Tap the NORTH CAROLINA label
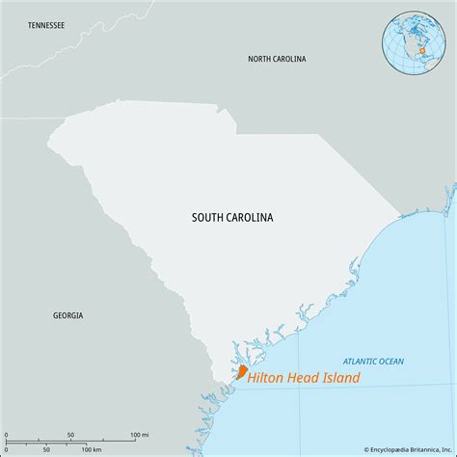click(277, 59)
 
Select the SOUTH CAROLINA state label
click(231, 218)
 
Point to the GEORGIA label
click(67, 315)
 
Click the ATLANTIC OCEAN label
click(372, 361)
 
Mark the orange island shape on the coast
click(243, 371)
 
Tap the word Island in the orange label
click(338, 378)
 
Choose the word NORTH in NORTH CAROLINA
click(259, 59)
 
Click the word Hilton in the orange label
click(263, 378)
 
